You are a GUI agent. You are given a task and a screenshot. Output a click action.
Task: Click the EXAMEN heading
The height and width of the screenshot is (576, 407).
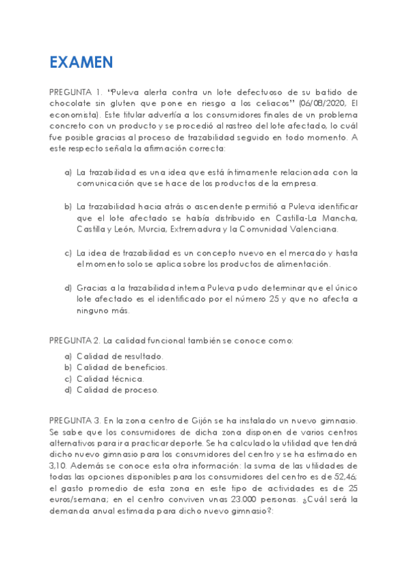tap(80, 62)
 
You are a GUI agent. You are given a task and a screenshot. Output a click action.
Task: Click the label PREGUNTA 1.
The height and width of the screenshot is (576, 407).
tap(75, 92)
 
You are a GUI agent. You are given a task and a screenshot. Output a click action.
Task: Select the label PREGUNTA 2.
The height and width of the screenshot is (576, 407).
tap(75, 340)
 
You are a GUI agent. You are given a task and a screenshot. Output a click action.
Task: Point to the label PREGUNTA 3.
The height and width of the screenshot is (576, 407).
tap(75, 420)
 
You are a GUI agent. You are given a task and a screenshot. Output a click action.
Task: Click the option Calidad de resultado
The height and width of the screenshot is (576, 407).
tap(120, 356)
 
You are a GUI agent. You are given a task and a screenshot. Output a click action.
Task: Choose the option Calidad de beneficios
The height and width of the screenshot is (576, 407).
tap(122, 367)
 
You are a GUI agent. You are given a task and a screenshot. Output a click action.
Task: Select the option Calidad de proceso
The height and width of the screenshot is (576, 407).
tap(118, 391)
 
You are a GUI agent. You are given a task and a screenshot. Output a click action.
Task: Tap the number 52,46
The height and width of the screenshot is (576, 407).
tap(342, 476)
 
